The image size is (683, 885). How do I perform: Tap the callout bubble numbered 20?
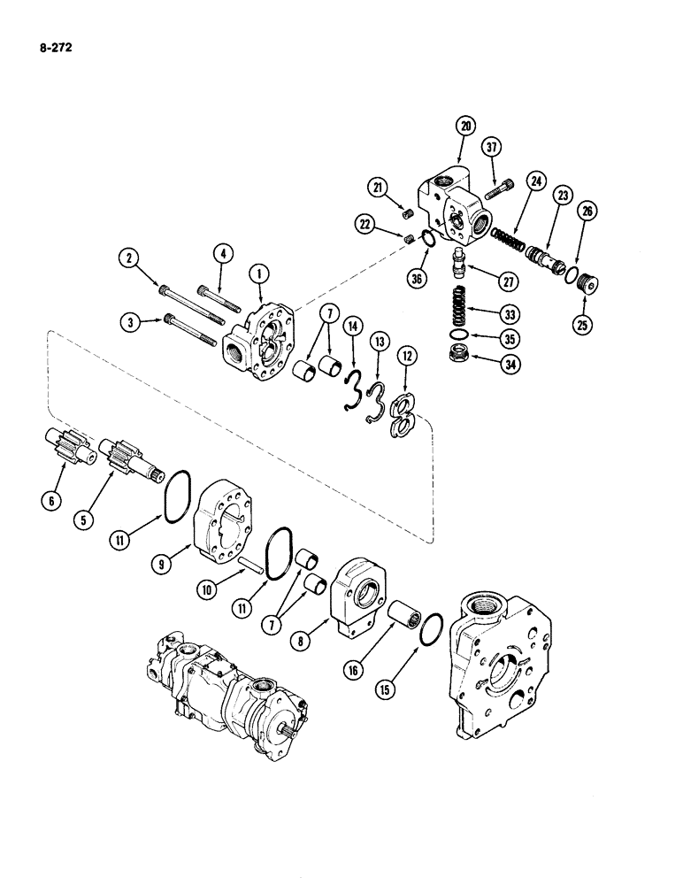(x=464, y=127)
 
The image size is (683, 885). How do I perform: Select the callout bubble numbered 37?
(x=493, y=146)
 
